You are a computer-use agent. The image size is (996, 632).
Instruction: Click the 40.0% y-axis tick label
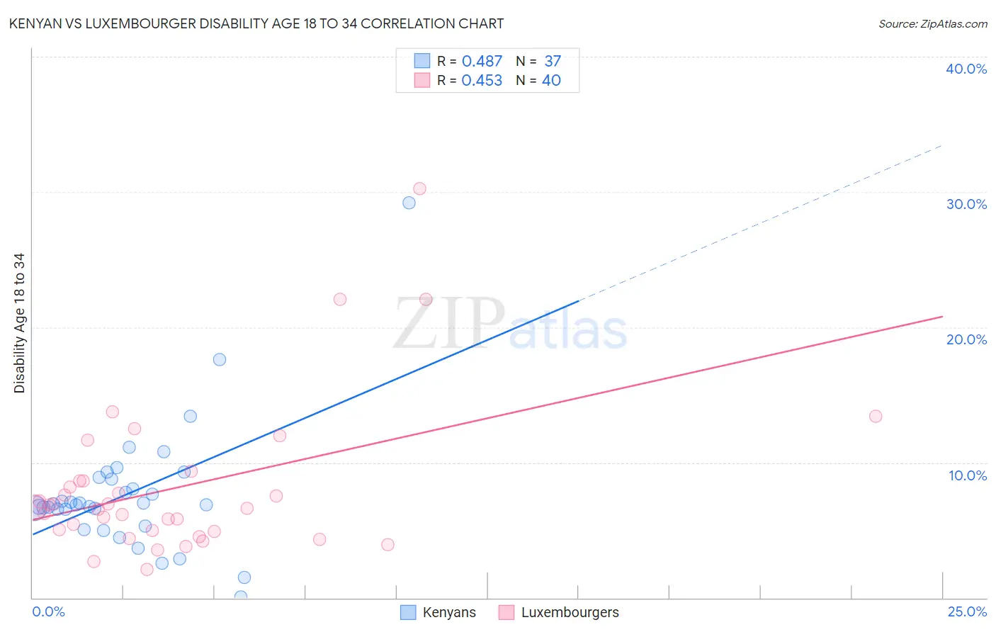click(x=966, y=69)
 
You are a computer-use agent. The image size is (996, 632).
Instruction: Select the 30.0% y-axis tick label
click(x=966, y=204)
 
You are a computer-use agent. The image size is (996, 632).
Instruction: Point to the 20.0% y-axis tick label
click(x=966, y=339)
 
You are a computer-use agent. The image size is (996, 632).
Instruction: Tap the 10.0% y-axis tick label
click(x=968, y=475)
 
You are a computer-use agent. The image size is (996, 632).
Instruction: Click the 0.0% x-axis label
click(x=48, y=611)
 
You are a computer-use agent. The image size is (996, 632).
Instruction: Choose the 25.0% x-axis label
click(x=967, y=611)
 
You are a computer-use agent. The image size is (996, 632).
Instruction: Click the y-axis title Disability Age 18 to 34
click(x=19, y=323)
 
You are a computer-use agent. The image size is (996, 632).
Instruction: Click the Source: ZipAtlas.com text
click(x=932, y=23)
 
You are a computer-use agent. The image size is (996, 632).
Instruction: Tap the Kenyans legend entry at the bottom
click(x=438, y=612)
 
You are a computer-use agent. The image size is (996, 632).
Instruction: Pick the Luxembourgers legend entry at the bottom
click(x=559, y=612)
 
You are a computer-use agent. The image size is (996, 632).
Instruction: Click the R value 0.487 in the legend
click(x=482, y=62)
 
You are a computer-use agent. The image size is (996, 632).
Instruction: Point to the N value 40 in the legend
click(x=551, y=81)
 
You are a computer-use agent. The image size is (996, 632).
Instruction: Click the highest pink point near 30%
click(x=419, y=188)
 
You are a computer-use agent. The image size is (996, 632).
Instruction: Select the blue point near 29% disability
click(x=409, y=203)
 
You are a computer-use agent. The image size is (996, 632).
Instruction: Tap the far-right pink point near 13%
click(x=876, y=416)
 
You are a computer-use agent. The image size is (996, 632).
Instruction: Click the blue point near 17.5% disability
click(x=220, y=359)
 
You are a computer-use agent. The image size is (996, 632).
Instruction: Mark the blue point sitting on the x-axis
click(x=241, y=597)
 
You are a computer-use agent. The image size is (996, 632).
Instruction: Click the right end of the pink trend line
click(x=942, y=316)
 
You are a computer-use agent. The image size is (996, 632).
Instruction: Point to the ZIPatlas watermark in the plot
click(x=510, y=324)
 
